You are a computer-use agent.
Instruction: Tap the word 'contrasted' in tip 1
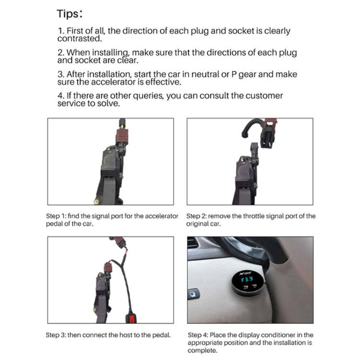click(x=80, y=38)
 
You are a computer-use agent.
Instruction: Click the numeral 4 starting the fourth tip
click(x=60, y=96)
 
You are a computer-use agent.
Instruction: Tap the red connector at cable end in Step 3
click(x=130, y=318)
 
